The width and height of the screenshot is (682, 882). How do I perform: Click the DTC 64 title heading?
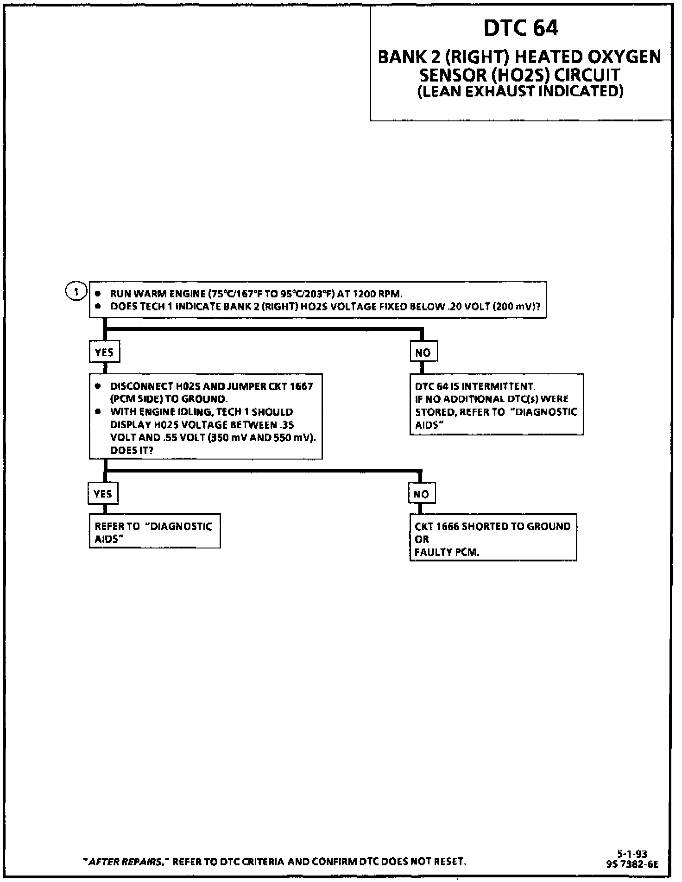tap(521, 29)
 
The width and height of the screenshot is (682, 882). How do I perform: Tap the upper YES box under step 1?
tap(104, 353)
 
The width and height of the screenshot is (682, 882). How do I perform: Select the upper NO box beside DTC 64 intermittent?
tap(423, 353)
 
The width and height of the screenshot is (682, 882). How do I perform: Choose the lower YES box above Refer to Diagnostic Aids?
tap(103, 494)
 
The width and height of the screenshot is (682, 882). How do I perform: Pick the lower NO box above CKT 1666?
tap(421, 494)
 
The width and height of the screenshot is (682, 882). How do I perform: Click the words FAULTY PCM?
tap(447, 552)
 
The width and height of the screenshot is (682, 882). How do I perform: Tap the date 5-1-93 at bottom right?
tap(632, 854)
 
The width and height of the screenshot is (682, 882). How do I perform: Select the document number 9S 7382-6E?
tap(632, 864)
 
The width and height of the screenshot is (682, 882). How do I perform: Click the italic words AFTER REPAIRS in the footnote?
tap(126, 862)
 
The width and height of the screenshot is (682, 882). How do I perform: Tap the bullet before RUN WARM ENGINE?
tap(98, 294)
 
